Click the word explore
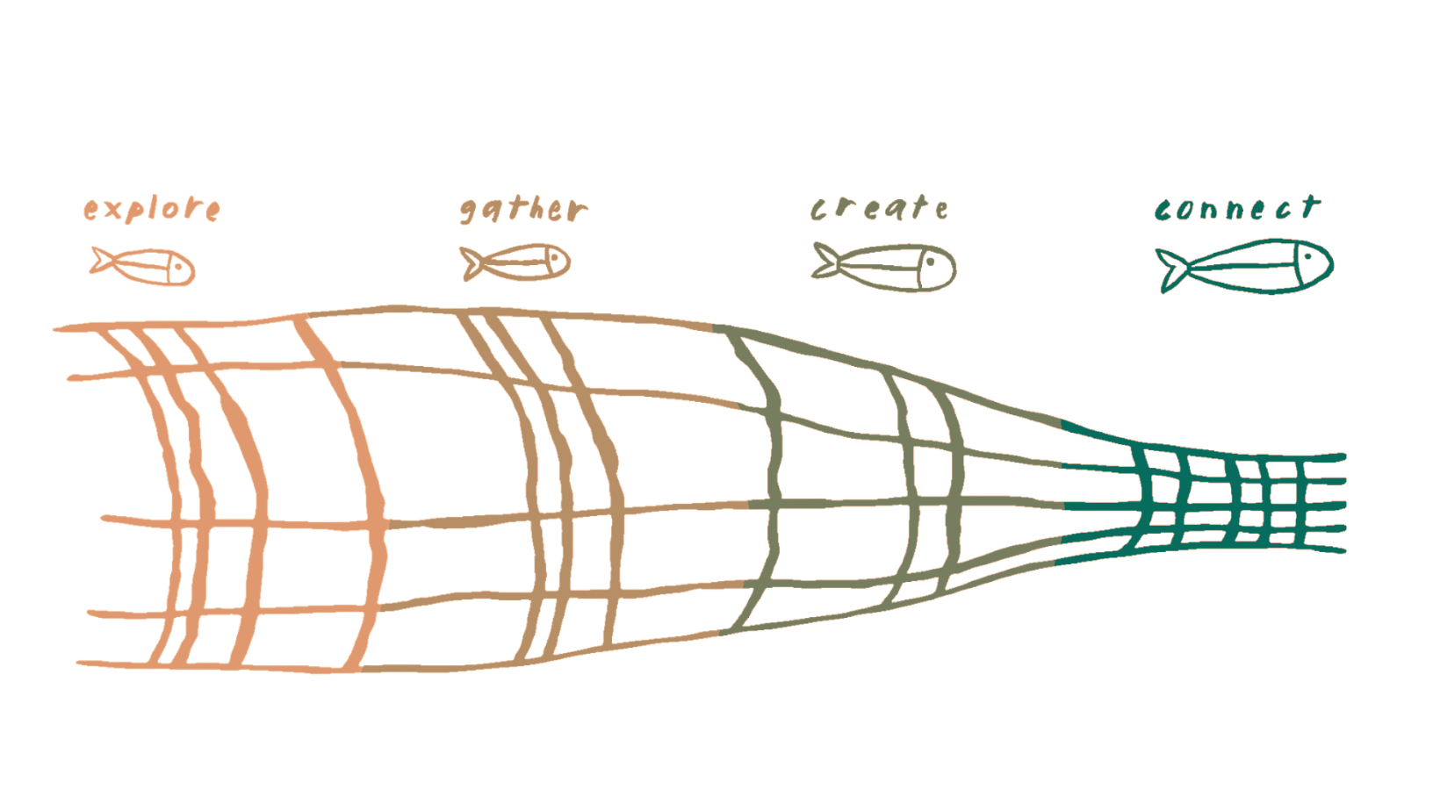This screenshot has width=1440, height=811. pos(151,211)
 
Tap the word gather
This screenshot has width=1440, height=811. pos(523,211)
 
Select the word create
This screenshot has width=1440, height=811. pos(878,210)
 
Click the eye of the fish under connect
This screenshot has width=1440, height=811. pos(1307,257)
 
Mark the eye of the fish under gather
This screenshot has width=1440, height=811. pos(553,257)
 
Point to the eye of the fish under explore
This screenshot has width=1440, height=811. pos(178,263)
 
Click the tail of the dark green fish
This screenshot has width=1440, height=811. pos(1172,270)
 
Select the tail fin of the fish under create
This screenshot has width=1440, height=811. pos(827,262)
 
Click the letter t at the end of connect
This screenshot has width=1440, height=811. pos(1309,206)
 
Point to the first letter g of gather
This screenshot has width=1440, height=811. pos(470,212)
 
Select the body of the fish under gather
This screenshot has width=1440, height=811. pos(518,262)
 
